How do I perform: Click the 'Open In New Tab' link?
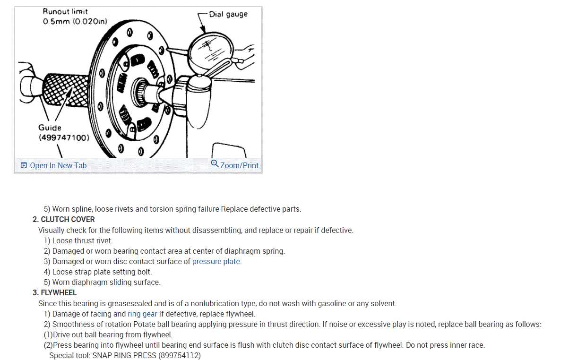[58, 165]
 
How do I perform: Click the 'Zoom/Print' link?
[239, 165]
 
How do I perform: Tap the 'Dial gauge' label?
[228, 14]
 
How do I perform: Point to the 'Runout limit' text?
[65, 11]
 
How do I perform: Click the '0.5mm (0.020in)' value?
[75, 21]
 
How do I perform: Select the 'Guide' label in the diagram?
[50, 128]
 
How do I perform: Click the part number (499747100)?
[64, 137]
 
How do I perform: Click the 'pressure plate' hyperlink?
[216, 261]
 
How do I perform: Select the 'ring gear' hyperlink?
[142, 314]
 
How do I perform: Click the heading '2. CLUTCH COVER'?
[64, 219]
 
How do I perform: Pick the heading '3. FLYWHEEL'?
[55, 293]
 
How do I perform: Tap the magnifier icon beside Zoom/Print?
[215, 164]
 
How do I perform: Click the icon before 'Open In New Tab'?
[24, 165]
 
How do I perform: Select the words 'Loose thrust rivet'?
[82, 240]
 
